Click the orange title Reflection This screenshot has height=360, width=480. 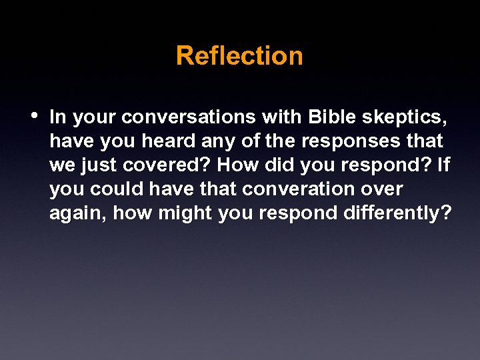tap(239, 55)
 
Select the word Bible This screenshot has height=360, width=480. tap(333, 117)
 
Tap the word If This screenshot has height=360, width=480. tap(443, 165)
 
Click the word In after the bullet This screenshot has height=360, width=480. tap(58, 117)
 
